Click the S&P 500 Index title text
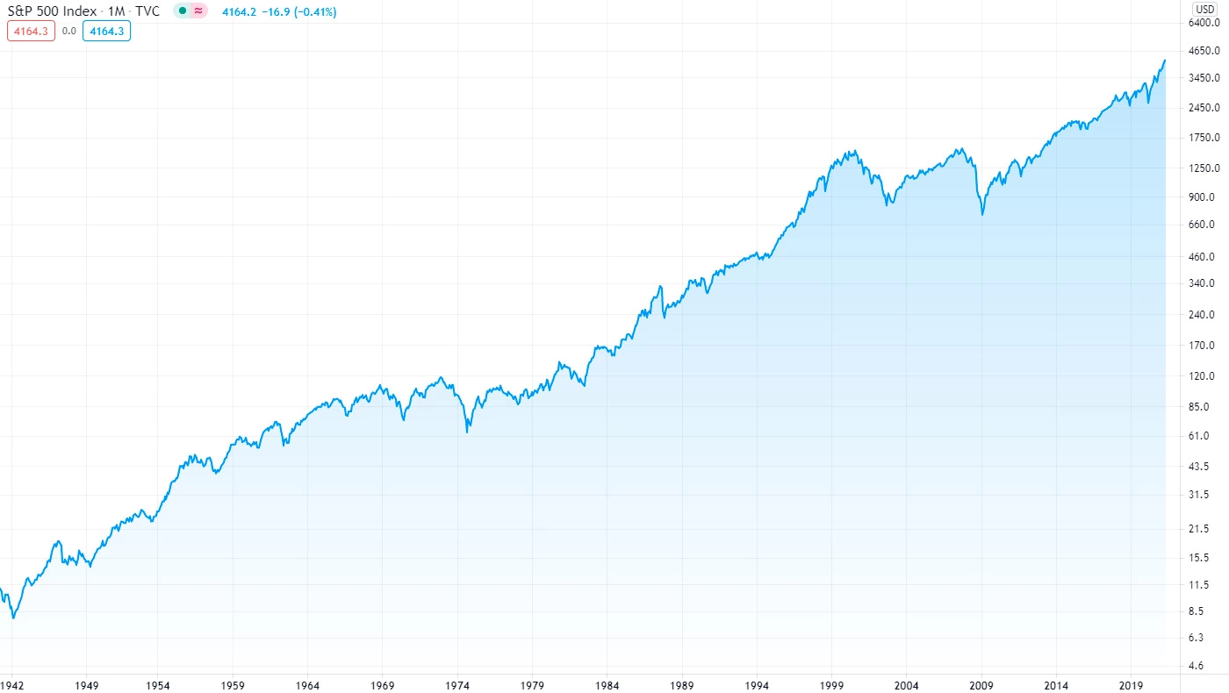click(x=51, y=12)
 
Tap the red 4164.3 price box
click(x=32, y=31)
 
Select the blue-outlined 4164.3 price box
click(x=106, y=31)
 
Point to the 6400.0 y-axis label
click(x=1201, y=23)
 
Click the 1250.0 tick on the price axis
click(x=1201, y=168)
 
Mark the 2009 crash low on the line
click(x=982, y=214)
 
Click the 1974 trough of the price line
click(x=467, y=432)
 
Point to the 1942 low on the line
click(x=13, y=618)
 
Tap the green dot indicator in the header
click(x=183, y=11)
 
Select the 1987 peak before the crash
click(x=660, y=286)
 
